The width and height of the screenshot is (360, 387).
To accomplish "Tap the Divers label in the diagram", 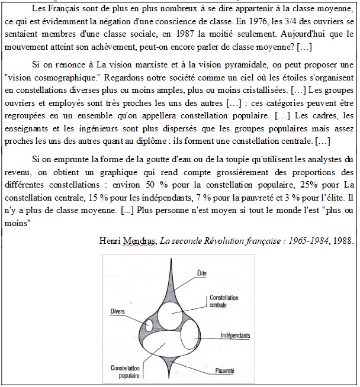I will coord(118,311).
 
